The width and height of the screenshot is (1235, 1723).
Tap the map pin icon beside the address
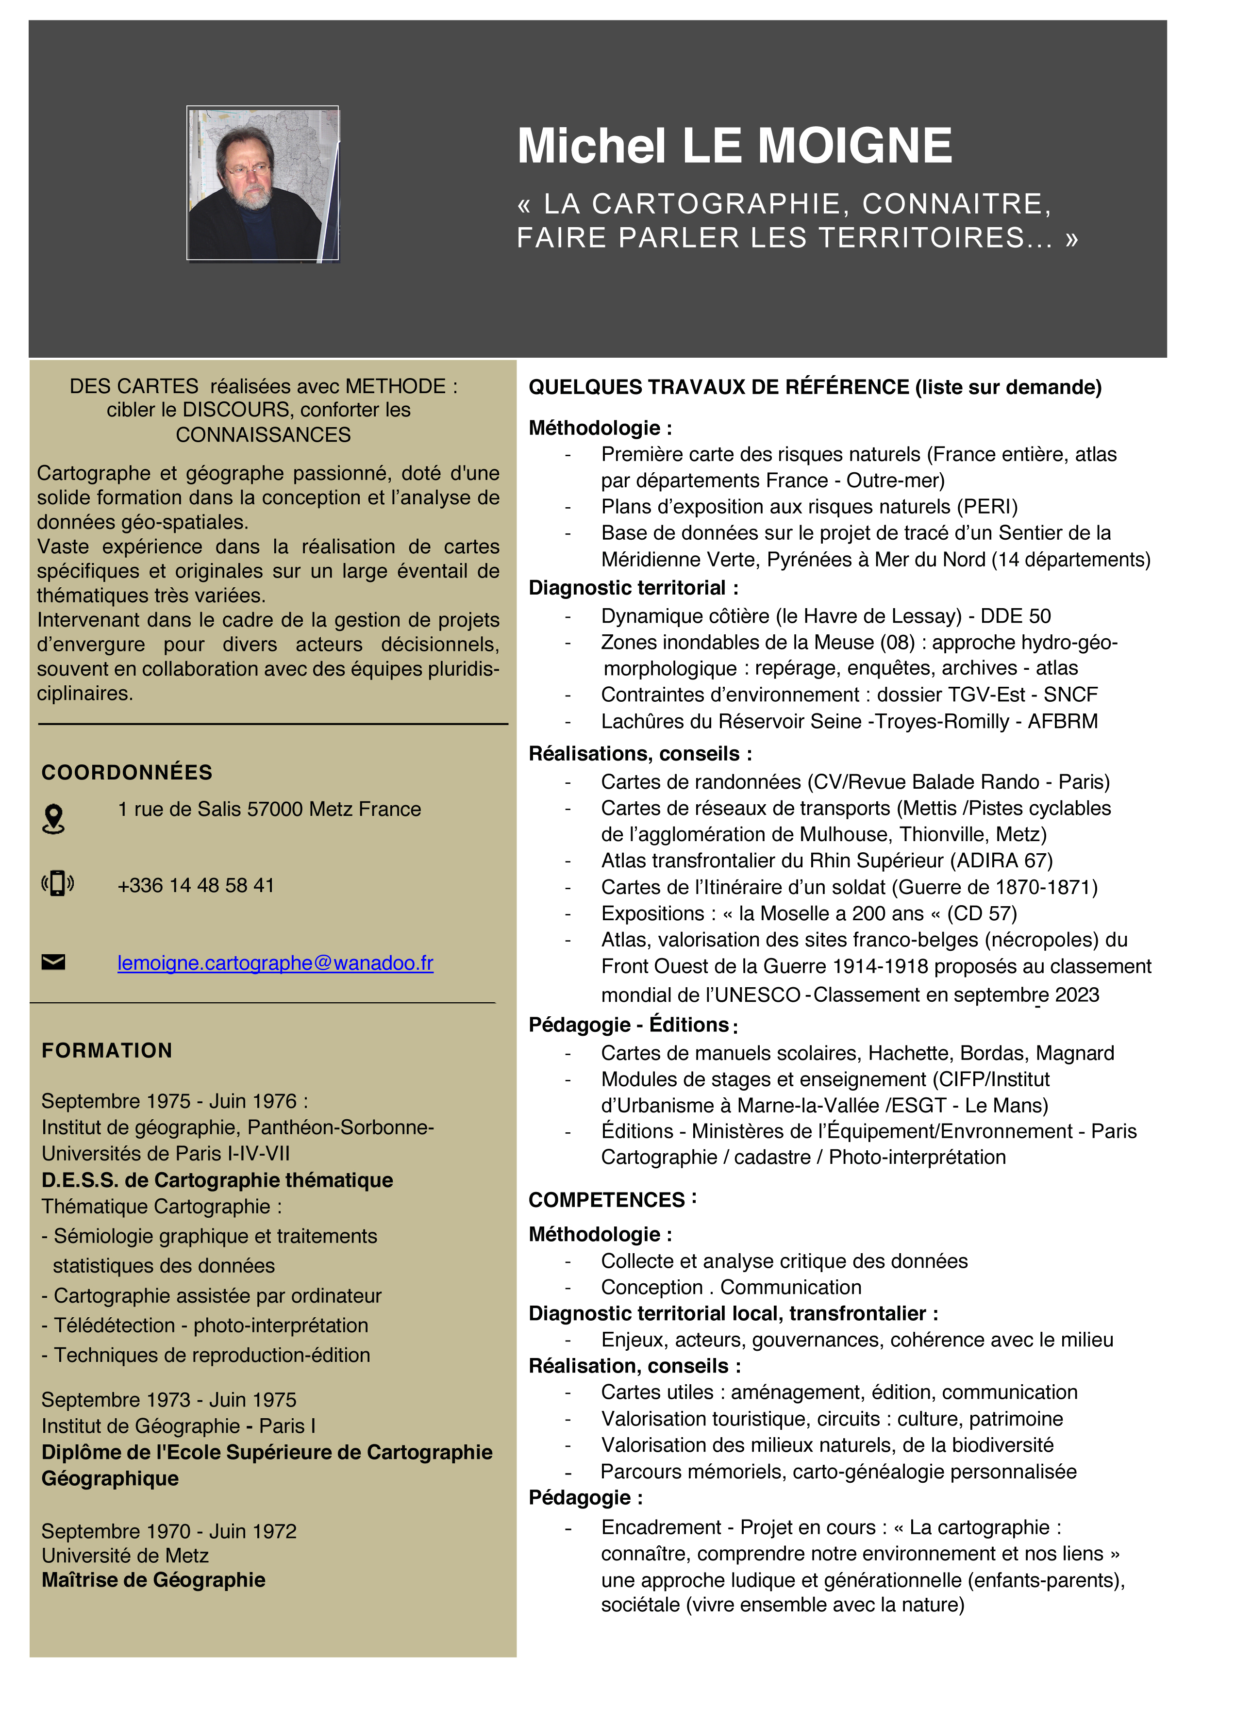(x=53, y=819)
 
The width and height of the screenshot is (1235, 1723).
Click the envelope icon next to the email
(x=53, y=962)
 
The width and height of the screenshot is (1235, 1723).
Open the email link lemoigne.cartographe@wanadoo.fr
(x=275, y=962)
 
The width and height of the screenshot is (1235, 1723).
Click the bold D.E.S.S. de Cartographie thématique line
(x=217, y=1180)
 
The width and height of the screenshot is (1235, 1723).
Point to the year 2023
(x=1077, y=994)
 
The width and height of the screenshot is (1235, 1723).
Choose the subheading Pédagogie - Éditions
(x=629, y=1025)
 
